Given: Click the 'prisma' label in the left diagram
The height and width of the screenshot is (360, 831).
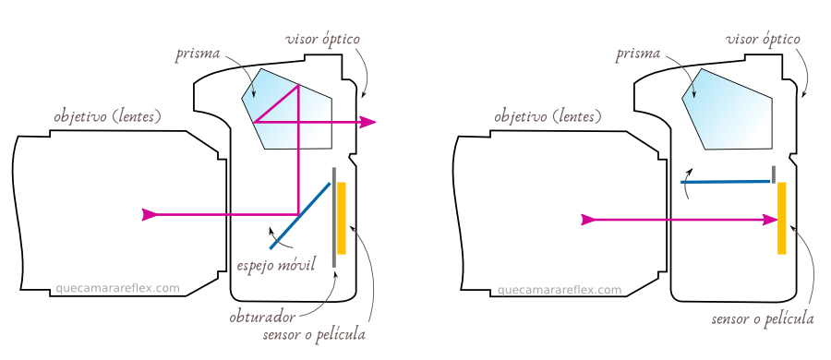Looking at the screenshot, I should (x=199, y=54).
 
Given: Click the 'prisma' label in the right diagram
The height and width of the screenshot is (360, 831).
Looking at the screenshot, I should (x=638, y=54).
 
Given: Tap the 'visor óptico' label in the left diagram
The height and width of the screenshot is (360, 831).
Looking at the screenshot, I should (x=322, y=40).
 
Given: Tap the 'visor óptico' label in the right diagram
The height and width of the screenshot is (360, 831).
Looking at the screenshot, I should (x=763, y=40).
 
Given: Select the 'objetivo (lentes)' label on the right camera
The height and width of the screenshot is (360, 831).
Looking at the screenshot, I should (x=548, y=117).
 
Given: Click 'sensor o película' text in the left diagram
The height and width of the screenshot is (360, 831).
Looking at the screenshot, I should (x=314, y=334).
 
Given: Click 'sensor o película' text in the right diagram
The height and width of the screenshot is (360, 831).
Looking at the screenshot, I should (x=763, y=318).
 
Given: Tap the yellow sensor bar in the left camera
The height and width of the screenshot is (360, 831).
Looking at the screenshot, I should (x=342, y=218).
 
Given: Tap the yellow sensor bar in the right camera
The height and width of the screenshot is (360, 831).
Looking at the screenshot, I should (x=781, y=218).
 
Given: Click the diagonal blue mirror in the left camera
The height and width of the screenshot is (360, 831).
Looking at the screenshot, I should (x=301, y=214).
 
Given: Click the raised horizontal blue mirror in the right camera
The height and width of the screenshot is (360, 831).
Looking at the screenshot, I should (x=726, y=182).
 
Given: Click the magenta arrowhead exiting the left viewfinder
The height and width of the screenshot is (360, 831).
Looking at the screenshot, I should (x=368, y=122).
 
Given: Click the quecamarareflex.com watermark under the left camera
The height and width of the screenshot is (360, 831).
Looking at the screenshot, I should (x=117, y=288).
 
